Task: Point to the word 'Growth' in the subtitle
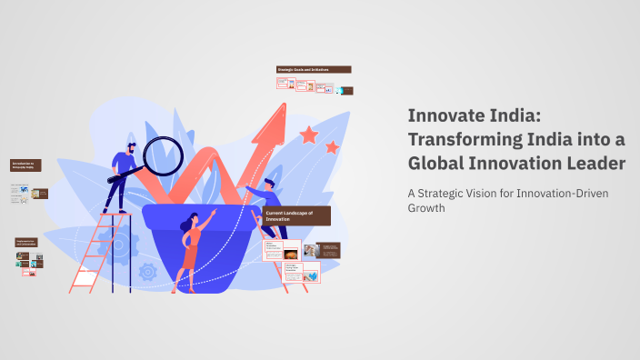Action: pos(425,207)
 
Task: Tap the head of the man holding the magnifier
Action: pos(132,147)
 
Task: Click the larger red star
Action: pos(309,135)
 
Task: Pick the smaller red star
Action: pos(332,146)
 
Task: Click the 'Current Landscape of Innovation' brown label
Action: pos(295,215)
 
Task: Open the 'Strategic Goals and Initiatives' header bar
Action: pos(314,70)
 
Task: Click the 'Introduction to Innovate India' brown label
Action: pos(25,165)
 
